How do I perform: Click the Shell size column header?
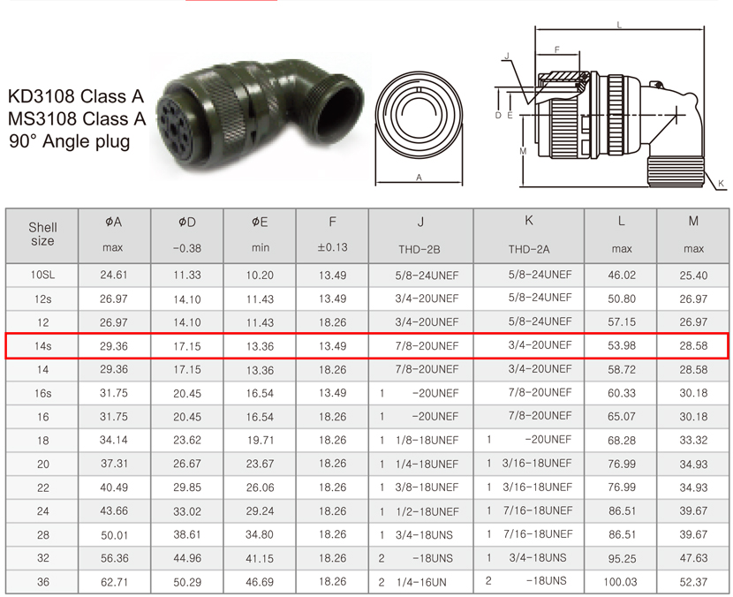coord(42,234)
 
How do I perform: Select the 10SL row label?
coord(42,275)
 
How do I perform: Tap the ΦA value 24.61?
coord(114,275)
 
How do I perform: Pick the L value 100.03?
coord(620,582)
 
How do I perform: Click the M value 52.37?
coord(693,582)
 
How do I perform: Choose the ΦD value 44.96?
coord(187,558)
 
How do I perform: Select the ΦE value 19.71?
coord(260,441)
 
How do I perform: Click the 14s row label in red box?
coord(42,346)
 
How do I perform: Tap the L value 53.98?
coord(621,346)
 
